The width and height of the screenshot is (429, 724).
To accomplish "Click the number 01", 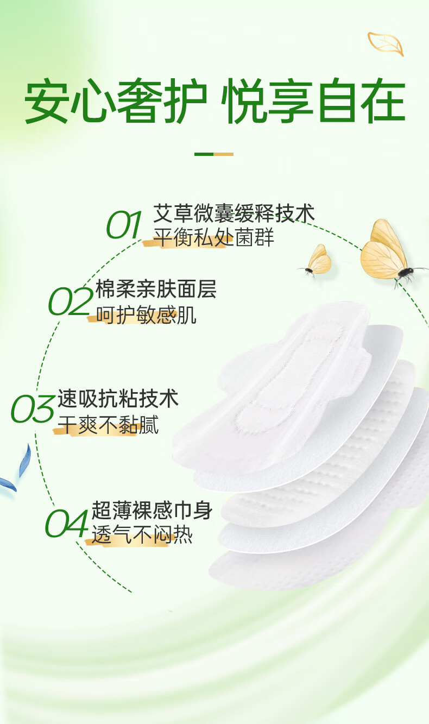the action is pyautogui.click(x=124, y=225).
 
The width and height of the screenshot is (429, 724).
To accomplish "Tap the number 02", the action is pyautogui.click(x=70, y=302).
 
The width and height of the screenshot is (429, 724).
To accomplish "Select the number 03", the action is pyautogui.click(x=33, y=409).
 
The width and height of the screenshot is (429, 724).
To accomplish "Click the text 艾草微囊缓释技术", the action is pyautogui.click(x=234, y=213).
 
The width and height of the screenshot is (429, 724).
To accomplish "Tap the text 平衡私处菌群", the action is pyautogui.click(x=214, y=238).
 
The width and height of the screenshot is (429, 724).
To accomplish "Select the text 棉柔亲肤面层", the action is pyautogui.click(x=156, y=289).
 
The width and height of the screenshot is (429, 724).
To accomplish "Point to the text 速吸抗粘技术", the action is pyautogui.click(x=118, y=399).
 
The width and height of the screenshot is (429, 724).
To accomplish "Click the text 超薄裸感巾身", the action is pyautogui.click(x=152, y=511).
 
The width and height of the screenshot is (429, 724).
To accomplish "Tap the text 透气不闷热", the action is pyautogui.click(x=142, y=536).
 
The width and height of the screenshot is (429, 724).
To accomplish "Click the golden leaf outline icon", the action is pyautogui.click(x=386, y=43).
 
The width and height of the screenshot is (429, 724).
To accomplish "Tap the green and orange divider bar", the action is pyautogui.click(x=214, y=154).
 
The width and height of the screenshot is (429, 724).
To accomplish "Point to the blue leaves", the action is pyautogui.click(x=16, y=470).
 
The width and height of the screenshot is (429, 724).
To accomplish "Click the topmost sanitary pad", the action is pyautogui.click(x=282, y=380).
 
